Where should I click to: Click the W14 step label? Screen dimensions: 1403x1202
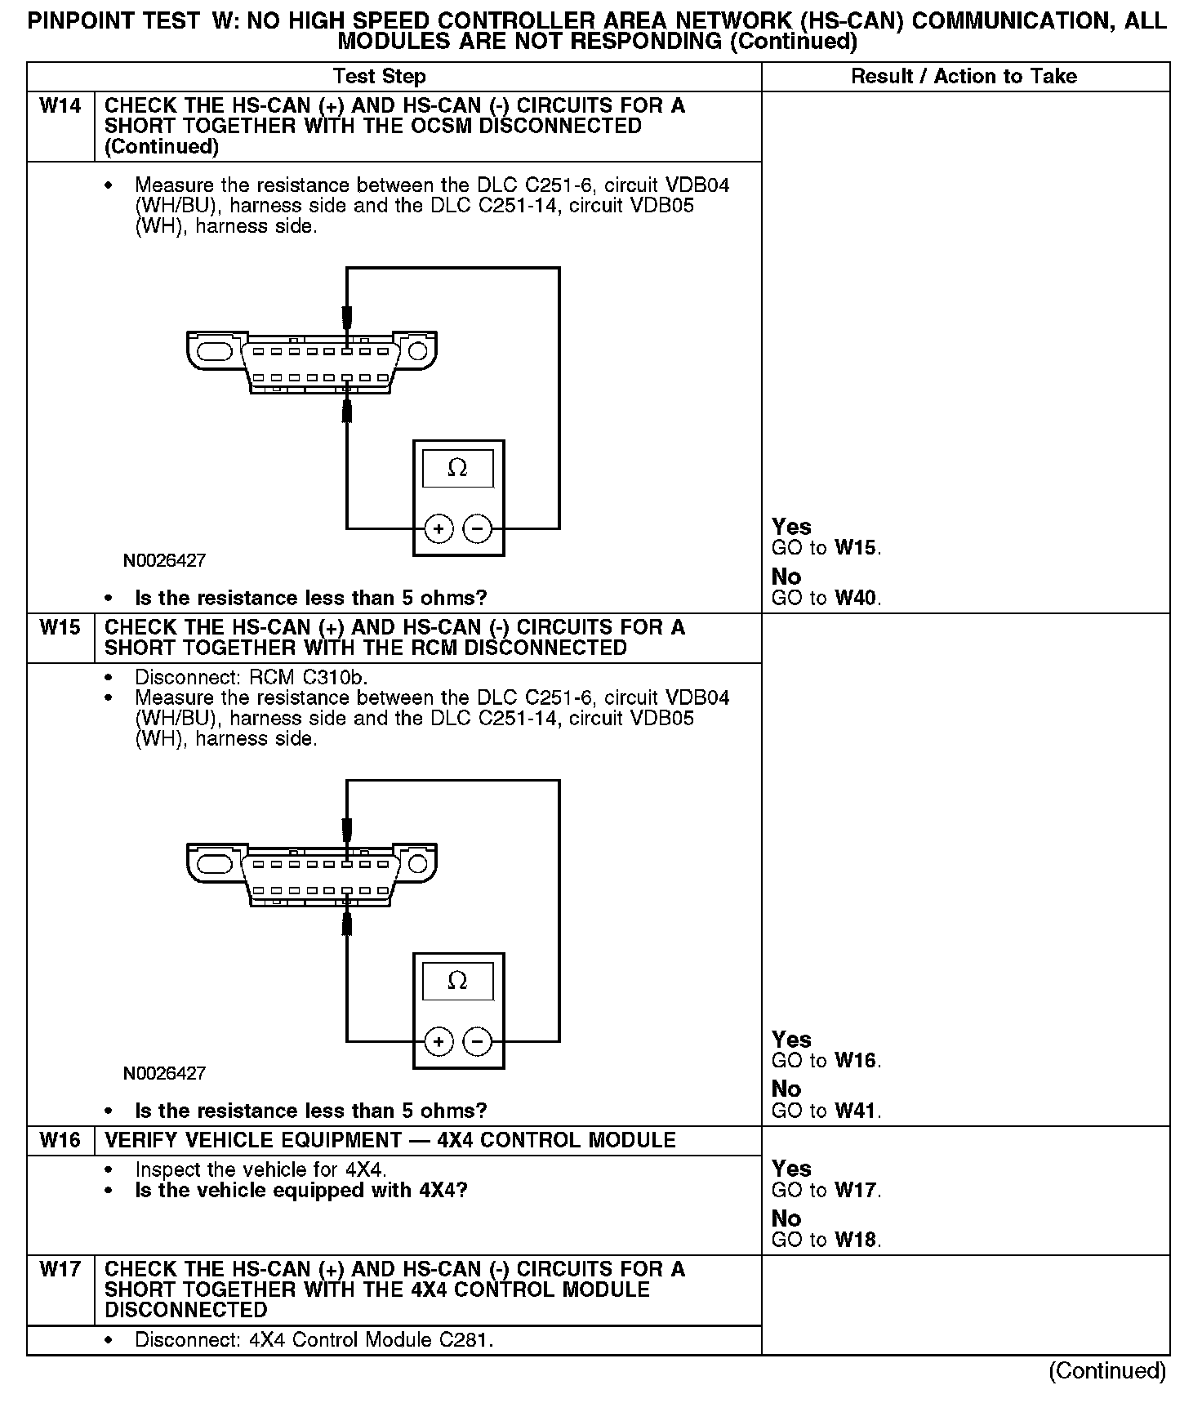(60, 106)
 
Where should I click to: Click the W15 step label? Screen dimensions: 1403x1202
(60, 628)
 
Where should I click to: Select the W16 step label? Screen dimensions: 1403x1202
(60, 1140)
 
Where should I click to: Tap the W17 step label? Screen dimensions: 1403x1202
(60, 1269)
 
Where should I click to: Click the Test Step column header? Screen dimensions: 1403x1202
(380, 77)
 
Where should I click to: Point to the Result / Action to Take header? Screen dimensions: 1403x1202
(964, 77)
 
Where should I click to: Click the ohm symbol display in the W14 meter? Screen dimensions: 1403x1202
(457, 469)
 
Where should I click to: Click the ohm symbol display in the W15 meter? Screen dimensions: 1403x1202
(457, 982)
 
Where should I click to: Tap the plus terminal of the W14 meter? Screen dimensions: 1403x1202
(439, 529)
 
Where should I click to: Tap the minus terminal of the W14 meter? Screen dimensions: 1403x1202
(478, 529)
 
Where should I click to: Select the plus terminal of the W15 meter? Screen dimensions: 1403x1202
(439, 1042)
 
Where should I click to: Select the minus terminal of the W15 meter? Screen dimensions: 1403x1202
(478, 1042)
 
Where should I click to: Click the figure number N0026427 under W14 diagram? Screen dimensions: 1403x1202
(164, 561)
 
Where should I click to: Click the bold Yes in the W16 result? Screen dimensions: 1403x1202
(791, 1169)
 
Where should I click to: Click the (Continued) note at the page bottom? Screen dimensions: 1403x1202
(1107, 1371)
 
